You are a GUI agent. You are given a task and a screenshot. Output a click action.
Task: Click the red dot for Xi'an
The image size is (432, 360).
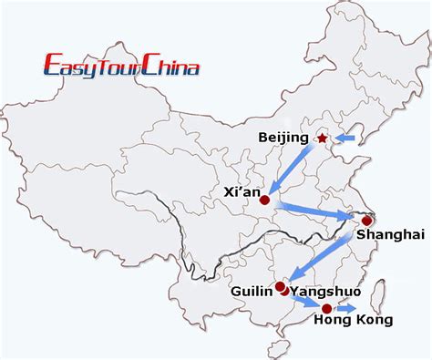264,200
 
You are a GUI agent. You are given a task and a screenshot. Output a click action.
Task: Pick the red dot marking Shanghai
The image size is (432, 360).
367,221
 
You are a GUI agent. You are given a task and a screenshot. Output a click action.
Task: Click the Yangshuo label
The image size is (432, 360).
324,292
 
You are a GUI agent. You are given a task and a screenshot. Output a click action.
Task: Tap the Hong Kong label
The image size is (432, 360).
354,321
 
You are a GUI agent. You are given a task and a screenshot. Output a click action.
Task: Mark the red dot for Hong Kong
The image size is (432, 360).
327,309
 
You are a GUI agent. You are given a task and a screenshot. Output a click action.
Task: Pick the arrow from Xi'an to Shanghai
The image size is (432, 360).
315,210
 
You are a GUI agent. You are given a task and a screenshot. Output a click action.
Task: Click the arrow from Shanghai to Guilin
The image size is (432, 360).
325,254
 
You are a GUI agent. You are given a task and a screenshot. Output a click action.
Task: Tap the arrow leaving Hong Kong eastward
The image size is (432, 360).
347,309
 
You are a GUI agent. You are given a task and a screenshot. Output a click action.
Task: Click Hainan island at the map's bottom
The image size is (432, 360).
271,347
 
